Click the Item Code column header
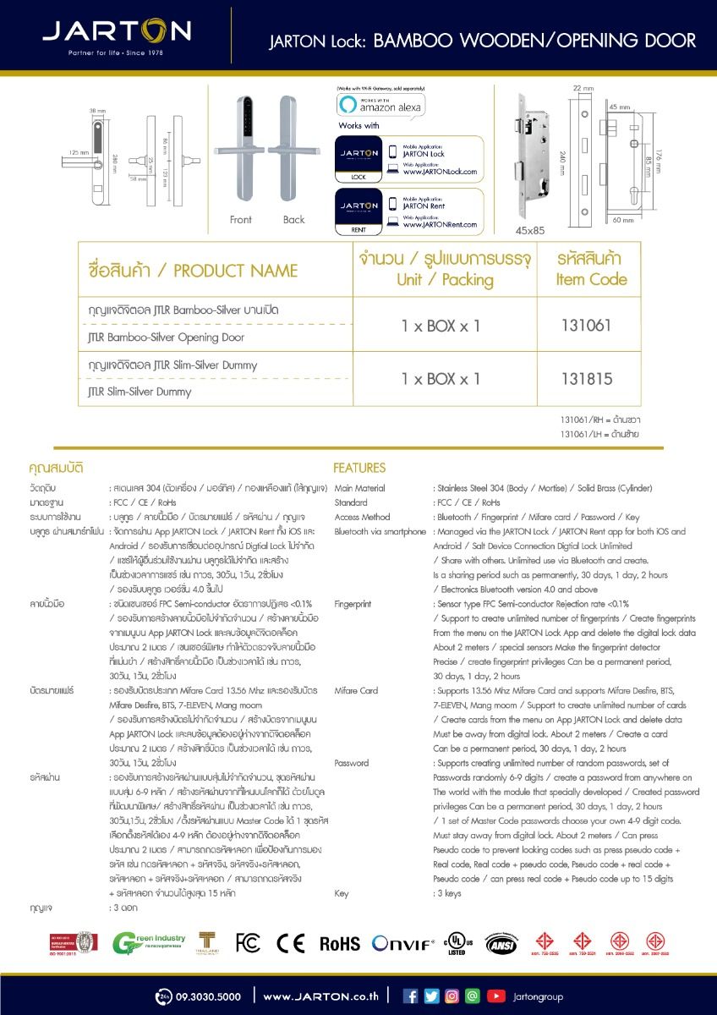[x=591, y=269]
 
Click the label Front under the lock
[x=241, y=220]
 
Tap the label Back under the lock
[x=294, y=220]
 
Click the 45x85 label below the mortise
[x=530, y=228]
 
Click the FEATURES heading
[x=359, y=468]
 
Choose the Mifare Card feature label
[x=357, y=690]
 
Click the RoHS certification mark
[x=339, y=944]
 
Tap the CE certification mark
[x=290, y=943]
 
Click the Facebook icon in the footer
[x=410, y=996]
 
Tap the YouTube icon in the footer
[x=496, y=996]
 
